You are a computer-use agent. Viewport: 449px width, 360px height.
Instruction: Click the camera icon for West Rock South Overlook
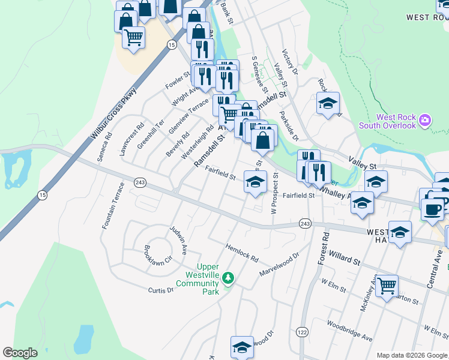pyautogui.click(x=425, y=120)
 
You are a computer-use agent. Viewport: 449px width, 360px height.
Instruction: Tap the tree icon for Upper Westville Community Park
pyautogui.click(x=228, y=278)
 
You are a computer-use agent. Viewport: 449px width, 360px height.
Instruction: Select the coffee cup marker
pyautogui.click(x=432, y=209)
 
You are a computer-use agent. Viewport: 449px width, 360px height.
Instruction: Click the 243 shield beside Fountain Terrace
pyautogui.click(x=140, y=182)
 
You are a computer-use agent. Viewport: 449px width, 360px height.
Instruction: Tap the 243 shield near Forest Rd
pyautogui.click(x=305, y=223)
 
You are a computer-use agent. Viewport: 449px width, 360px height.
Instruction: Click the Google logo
pyautogui.click(x=20, y=353)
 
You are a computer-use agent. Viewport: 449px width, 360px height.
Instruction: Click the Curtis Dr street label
pyautogui.click(x=161, y=290)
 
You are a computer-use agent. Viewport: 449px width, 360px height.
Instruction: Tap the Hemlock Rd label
pyautogui.click(x=242, y=253)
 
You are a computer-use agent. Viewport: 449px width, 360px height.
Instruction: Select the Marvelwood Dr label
pyautogui.click(x=279, y=265)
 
